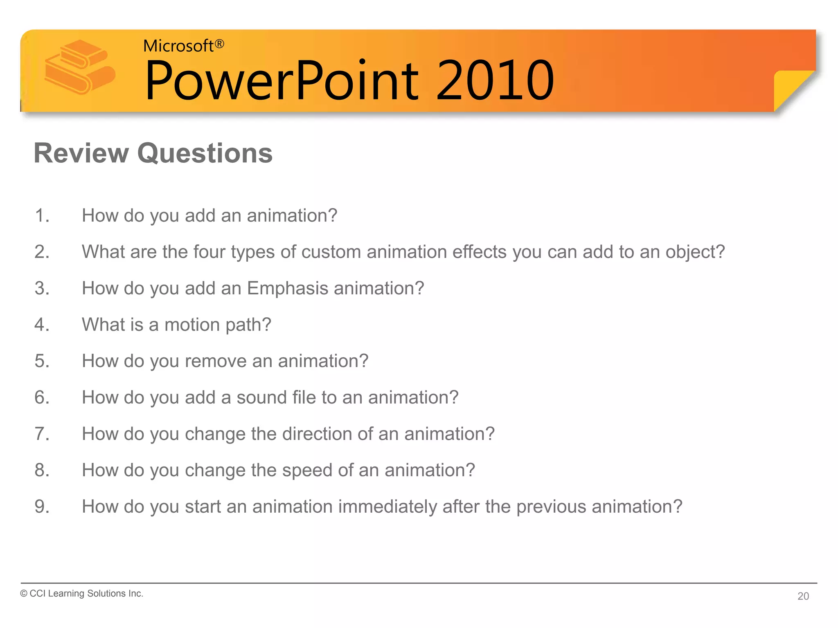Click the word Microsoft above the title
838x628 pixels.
[178, 46]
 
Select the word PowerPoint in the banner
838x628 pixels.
[282, 81]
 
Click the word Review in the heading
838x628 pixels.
[81, 153]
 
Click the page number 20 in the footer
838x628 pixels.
[803, 596]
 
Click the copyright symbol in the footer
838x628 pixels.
[24, 594]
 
